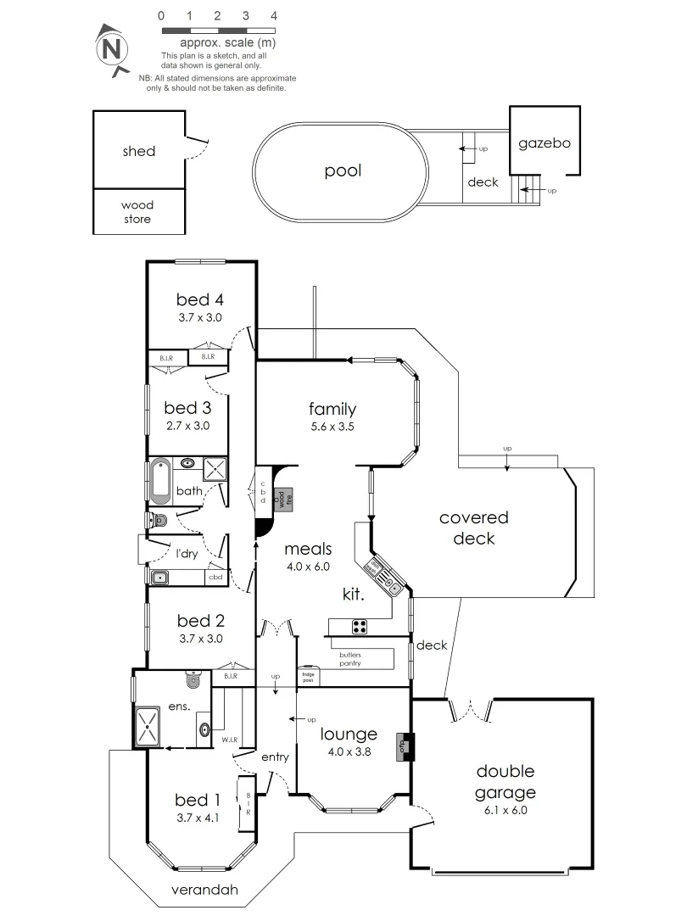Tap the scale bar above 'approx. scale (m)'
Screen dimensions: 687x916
pos(217,29)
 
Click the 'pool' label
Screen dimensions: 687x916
pos(343,170)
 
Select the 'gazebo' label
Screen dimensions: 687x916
pos(544,143)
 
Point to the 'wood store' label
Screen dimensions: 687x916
pos(137,212)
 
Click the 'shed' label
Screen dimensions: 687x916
pos(138,151)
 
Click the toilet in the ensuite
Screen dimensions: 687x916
pos(193,679)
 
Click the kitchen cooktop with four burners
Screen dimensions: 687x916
pos(360,628)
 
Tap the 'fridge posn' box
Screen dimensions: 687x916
pos(307,678)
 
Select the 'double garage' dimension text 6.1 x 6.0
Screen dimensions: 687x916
pos(505,810)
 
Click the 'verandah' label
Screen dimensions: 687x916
pos(203,891)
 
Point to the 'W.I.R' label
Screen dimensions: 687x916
pos(228,739)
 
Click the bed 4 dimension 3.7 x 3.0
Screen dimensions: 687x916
pos(199,318)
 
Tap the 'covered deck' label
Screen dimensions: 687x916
pos(473,528)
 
